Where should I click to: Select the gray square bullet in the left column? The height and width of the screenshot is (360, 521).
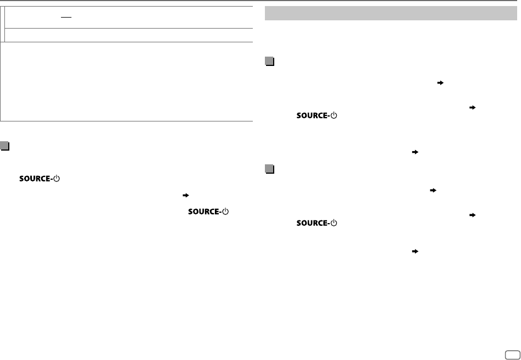pyautogui.click(x=5, y=147)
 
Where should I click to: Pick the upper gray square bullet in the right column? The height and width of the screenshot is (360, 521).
pyautogui.click(x=269, y=62)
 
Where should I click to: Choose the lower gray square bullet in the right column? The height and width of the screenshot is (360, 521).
pyautogui.click(x=269, y=169)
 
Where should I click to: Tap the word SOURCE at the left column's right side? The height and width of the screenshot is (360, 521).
pyautogui.click(x=204, y=212)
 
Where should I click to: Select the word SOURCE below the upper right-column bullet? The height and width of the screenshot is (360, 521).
pyautogui.click(x=312, y=117)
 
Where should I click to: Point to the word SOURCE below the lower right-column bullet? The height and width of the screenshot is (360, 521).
pyautogui.click(x=312, y=224)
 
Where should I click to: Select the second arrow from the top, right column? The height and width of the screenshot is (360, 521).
pyautogui.click(x=472, y=108)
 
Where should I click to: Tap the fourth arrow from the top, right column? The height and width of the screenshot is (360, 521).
pyautogui.click(x=433, y=190)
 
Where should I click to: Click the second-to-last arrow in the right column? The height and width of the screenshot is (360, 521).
pyautogui.click(x=472, y=215)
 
